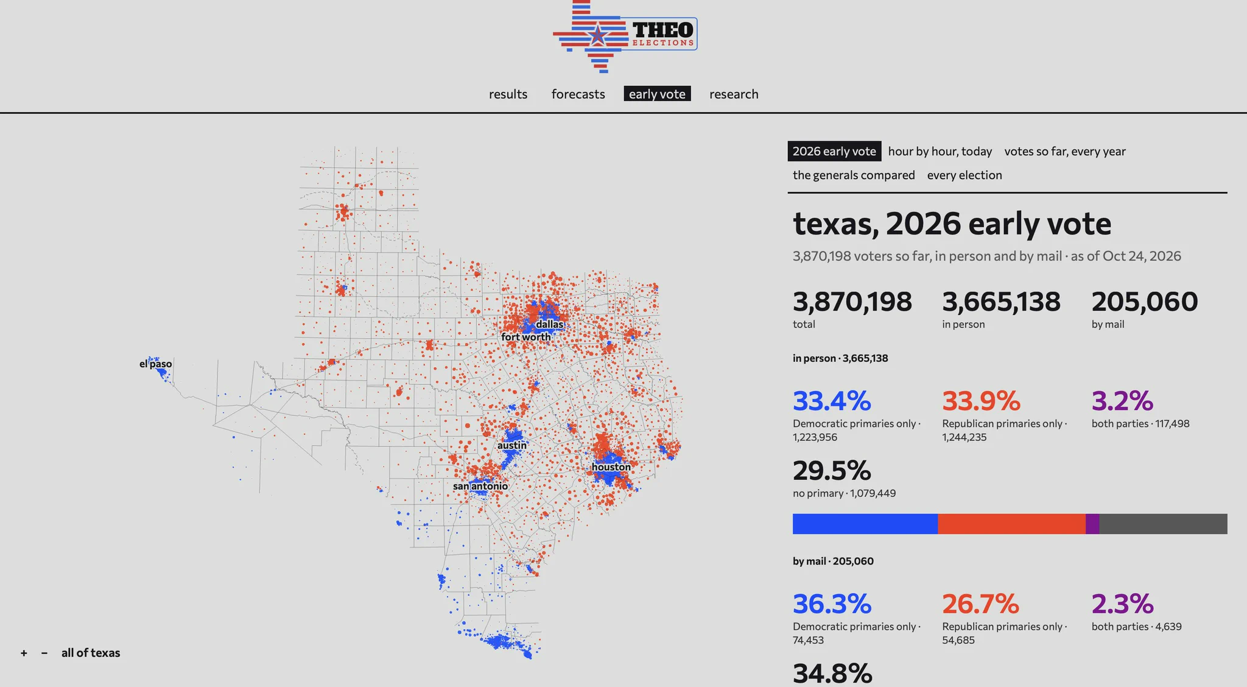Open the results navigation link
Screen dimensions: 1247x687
[x=508, y=94]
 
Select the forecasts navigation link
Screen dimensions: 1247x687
[x=578, y=94]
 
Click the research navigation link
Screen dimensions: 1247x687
[x=734, y=94]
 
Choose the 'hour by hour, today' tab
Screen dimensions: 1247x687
[x=940, y=151]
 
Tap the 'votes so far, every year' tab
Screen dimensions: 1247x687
[x=1065, y=151]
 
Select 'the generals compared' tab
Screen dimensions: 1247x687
[x=854, y=175]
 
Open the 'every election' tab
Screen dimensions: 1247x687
[x=964, y=175]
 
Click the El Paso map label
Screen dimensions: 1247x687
[x=155, y=364]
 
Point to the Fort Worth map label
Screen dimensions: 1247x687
[x=526, y=337]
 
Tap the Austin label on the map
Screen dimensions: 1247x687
[x=512, y=445]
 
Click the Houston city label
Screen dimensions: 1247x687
[x=611, y=467]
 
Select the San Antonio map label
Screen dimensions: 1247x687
[x=480, y=486]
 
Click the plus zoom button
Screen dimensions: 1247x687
[x=24, y=653]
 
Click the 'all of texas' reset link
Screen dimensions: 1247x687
[x=91, y=653]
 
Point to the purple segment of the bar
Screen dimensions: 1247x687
[x=1092, y=524]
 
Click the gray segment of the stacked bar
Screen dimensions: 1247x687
[x=1163, y=524]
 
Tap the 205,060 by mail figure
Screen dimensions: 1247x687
[x=1145, y=301]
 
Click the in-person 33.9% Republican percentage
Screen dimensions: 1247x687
[x=981, y=401]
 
